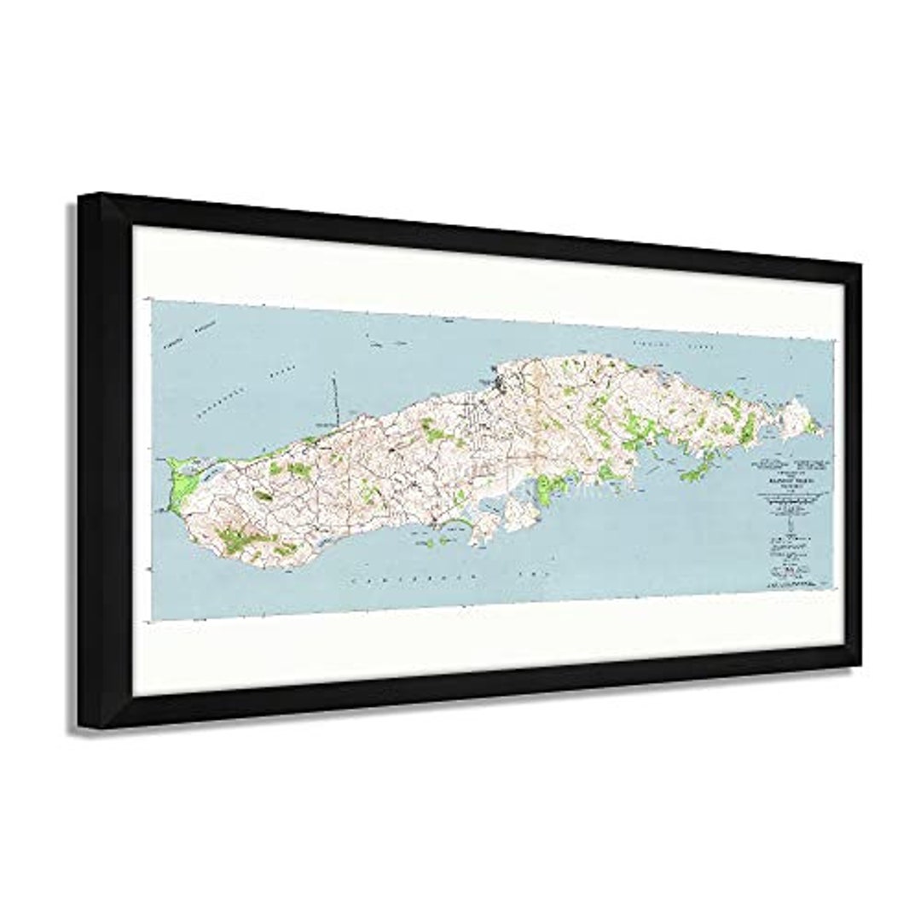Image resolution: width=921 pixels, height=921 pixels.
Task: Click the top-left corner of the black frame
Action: pyautogui.click(x=79, y=196)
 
